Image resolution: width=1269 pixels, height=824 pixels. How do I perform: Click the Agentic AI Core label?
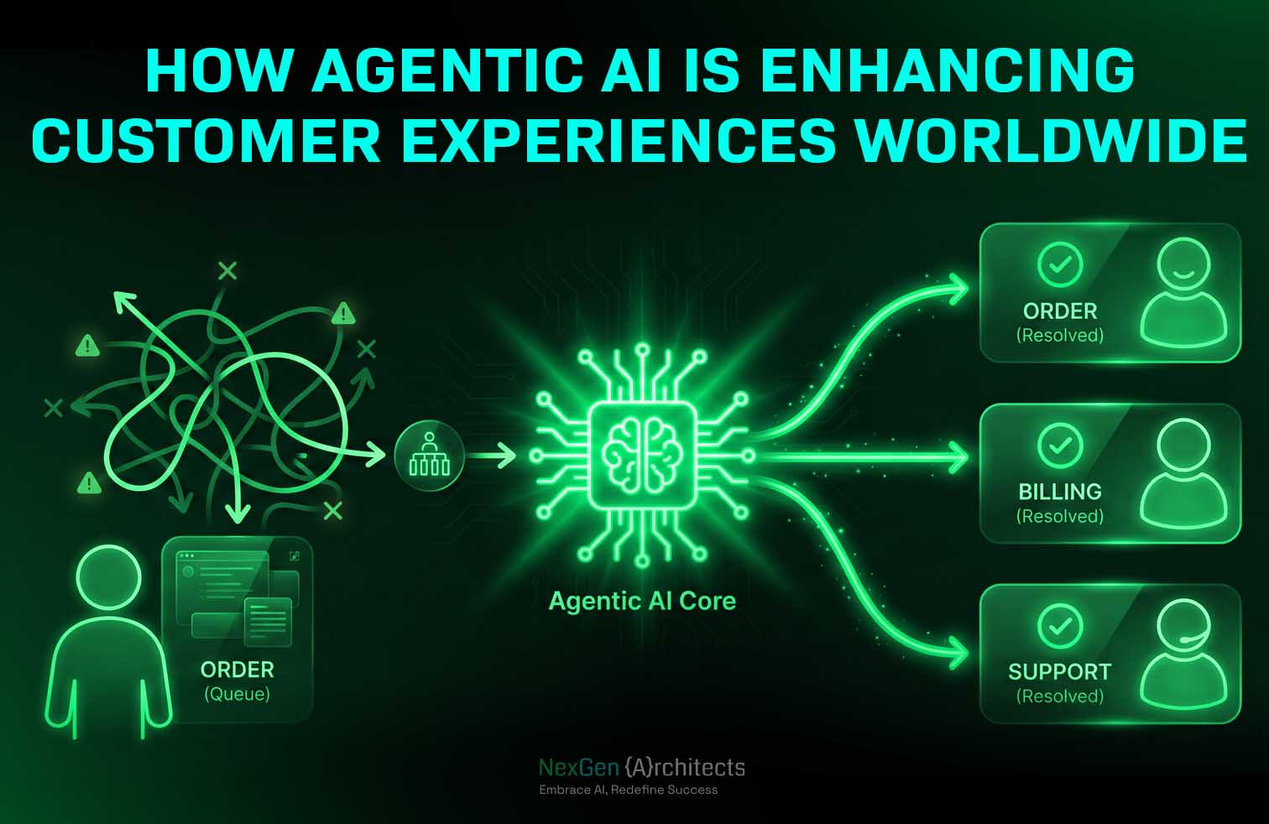(x=642, y=601)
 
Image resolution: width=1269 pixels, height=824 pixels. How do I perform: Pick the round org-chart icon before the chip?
(x=429, y=456)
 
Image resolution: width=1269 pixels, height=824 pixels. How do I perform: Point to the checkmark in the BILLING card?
(x=1060, y=445)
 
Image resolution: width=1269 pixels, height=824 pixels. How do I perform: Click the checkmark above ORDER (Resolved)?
(x=1060, y=264)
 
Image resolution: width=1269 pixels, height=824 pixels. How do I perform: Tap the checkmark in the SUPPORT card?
(x=1060, y=625)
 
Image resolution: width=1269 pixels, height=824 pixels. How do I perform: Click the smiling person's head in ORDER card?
(x=1183, y=265)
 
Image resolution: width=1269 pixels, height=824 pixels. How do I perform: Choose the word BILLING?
(x=1060, y=492)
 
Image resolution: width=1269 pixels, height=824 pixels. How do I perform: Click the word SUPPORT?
(x=1060, y=672)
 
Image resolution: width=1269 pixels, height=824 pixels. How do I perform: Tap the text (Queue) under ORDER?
(x=237, y=694)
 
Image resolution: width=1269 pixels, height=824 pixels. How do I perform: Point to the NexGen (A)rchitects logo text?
(x=642, y=767)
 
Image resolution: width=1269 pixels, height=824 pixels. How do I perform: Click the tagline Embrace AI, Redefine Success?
(x=629, y=790)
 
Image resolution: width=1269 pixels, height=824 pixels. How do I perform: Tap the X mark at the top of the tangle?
(x=227, y=270)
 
